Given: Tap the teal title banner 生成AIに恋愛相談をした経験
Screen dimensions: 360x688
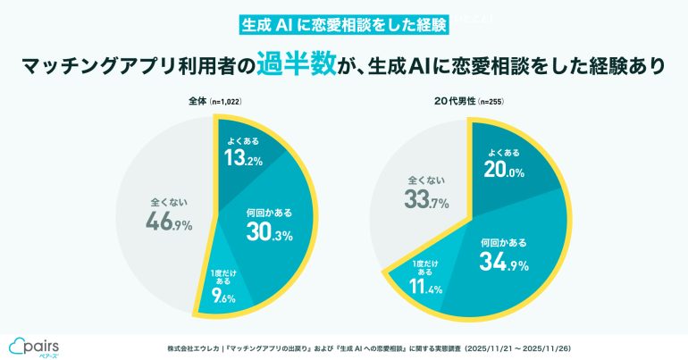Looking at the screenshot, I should point(343,24).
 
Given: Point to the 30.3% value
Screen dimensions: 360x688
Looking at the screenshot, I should point(269,231).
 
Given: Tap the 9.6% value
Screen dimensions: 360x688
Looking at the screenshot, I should point(221,297).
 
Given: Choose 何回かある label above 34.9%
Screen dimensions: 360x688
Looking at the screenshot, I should point(503,242).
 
